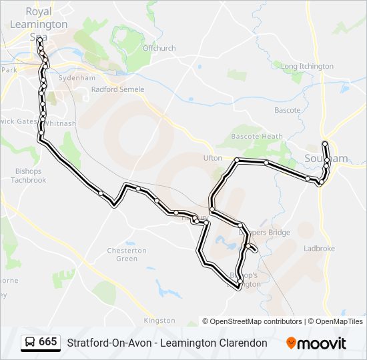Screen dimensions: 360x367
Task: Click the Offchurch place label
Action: [x=159, y=48]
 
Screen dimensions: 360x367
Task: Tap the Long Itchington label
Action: [x=307, y=67]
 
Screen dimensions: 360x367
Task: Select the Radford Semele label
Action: [x=113, y=89]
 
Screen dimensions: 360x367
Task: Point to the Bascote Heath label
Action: [x=257, y=137]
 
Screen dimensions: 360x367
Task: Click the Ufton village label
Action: [x=212, y=158]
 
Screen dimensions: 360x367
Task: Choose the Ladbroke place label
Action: [x=319, y=249]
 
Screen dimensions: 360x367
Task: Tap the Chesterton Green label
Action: [x=127, y=255]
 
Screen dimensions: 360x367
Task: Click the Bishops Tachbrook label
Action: [x=28, y=175]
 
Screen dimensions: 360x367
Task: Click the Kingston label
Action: [x=159, y=321]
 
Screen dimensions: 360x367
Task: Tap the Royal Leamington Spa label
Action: [x=38, y=24]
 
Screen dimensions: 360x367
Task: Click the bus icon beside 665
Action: [x=30, y=343]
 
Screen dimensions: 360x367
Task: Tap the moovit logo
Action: [x=316, y=343]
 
